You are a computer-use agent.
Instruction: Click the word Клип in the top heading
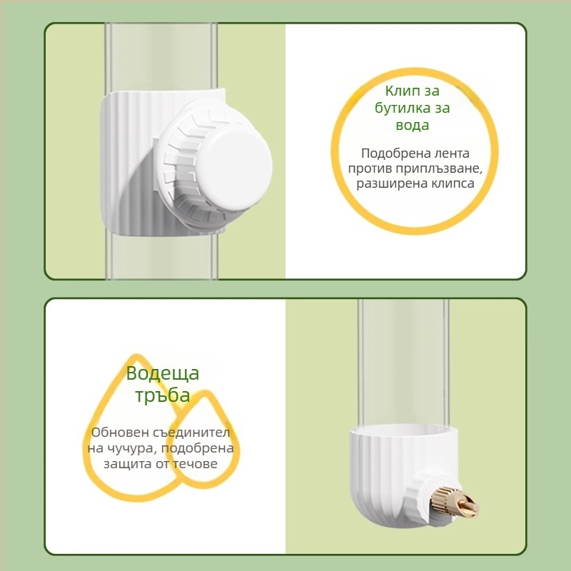click(x=402, y=91)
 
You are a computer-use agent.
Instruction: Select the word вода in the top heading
click(x=413, y=126)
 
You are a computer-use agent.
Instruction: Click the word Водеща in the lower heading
click(x=163, y=373)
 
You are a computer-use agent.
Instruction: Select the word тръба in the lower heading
click(x=163, y=395)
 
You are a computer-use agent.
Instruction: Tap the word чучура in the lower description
click(x=132, y=448)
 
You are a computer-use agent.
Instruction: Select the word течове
click(x=195, y=464)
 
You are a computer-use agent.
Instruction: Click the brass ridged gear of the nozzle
click(x=443, y=500)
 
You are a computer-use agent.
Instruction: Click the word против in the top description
click(x=370, y=169)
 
